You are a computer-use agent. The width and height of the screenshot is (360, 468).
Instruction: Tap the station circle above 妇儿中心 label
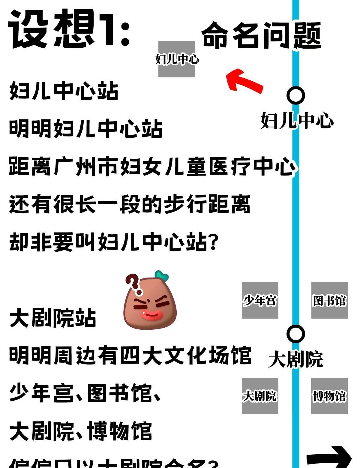pyautogui.click(x=296, y=95)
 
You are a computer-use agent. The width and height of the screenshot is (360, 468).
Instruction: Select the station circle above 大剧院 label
pyautogui.click(x=296, y=334)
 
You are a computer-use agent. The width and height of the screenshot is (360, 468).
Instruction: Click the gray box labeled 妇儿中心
pyautogui.click(x=177, y=59)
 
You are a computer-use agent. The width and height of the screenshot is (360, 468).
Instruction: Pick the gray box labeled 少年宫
pyautogui.click(x=260, y=300)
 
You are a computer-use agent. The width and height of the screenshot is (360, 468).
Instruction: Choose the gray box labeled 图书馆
pyautogui.click(x=329, y=300)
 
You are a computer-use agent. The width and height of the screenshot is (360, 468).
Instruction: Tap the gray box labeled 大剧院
pyautogui.click(x=260, y=396)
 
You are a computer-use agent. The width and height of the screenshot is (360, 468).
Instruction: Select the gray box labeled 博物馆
pyautogui.click(x=329, y=396)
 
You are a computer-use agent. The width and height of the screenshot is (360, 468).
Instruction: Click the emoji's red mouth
pyautogui.click(x=152, y=315)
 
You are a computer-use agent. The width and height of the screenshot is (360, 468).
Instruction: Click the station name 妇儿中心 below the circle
pyautogui.click(x=297, y=121)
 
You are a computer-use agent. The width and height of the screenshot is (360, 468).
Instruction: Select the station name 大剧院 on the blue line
pyautogui.click(x=295, y=359)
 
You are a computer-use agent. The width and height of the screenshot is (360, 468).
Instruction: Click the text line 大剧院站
pyautogui.click(x=53, y=318)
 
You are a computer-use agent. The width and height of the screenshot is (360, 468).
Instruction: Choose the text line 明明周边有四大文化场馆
pyautogui.click(x=130, y=355)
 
